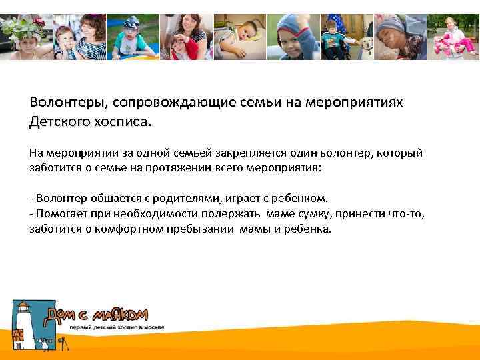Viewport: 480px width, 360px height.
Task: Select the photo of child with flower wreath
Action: [25, 37]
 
